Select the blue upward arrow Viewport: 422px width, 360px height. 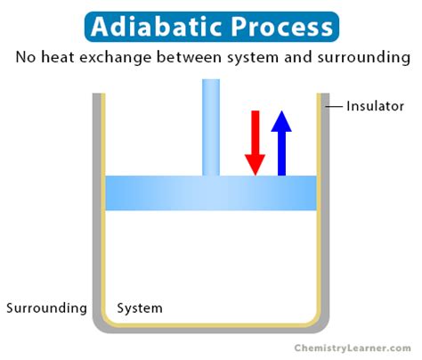(x=281, y=142)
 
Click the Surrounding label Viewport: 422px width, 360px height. (x=46, y=308)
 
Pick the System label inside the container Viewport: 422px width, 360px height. (x=140, y=308)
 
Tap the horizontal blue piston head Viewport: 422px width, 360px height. (x=160, y=192)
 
